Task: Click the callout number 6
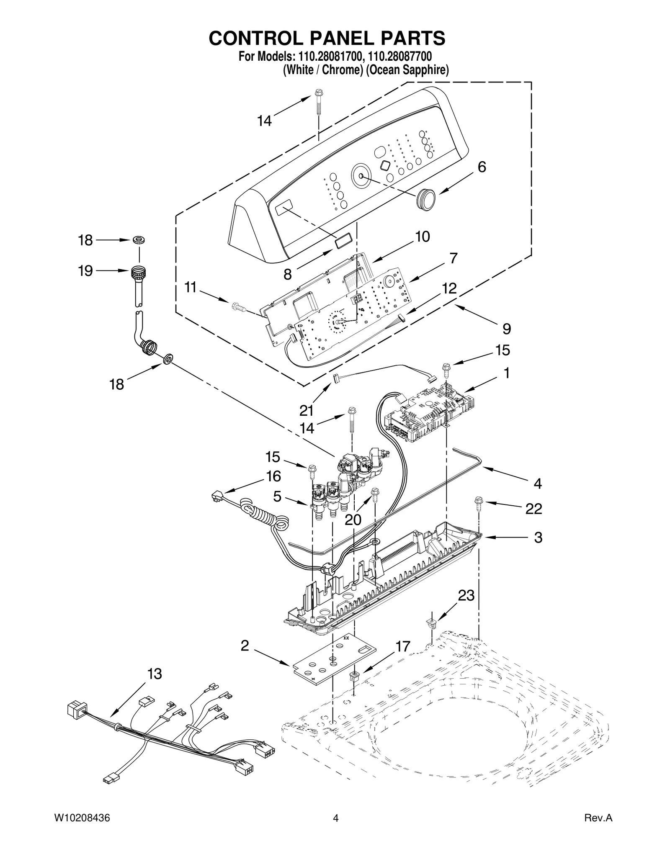click(482, 167)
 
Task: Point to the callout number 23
click(466, 595)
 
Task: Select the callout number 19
click(85, 271)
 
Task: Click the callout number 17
click(403, 647)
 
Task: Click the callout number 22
click(534, 509)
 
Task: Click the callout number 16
click(273, 476)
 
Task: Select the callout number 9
click(507, 329)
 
